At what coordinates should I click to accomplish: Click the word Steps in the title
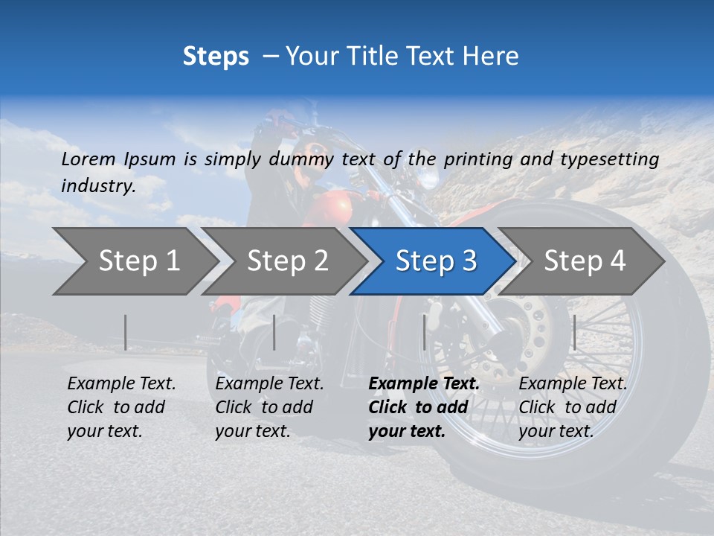pos(216,56)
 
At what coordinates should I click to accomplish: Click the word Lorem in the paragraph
pos(89,159)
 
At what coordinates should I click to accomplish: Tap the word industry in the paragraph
pos(97,185)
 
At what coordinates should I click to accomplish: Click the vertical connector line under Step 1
pos(126,332)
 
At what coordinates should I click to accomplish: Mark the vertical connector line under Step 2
pos(274,332)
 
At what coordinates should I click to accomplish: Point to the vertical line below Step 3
pos(425,332)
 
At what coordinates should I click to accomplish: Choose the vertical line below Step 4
pos(574,332)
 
